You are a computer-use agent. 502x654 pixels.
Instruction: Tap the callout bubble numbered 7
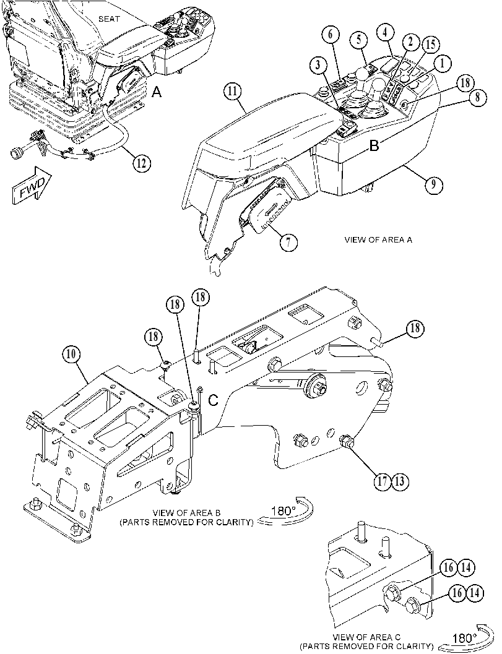coord(289,241)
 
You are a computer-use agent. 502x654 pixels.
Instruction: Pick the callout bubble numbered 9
coord(433,184)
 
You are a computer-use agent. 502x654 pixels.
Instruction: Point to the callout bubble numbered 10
coord(71,355)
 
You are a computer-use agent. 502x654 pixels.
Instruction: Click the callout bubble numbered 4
coord(386,32)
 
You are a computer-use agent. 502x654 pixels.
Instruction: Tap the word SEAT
coord(109,19)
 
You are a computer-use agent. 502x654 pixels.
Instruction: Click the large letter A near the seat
coord(157,92)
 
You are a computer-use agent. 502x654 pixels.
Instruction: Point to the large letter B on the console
coord(374,145)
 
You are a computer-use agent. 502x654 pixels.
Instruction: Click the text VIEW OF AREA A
coord(378,240)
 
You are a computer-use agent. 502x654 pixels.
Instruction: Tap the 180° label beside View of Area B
coord(283,510)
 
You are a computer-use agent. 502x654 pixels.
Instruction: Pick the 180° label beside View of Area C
coord(464,638)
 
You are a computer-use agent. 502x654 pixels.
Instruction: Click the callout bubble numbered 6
coord(331,35)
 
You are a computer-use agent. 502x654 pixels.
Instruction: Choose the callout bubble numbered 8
coord(477,98)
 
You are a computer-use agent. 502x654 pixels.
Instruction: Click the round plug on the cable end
coord(17,153)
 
